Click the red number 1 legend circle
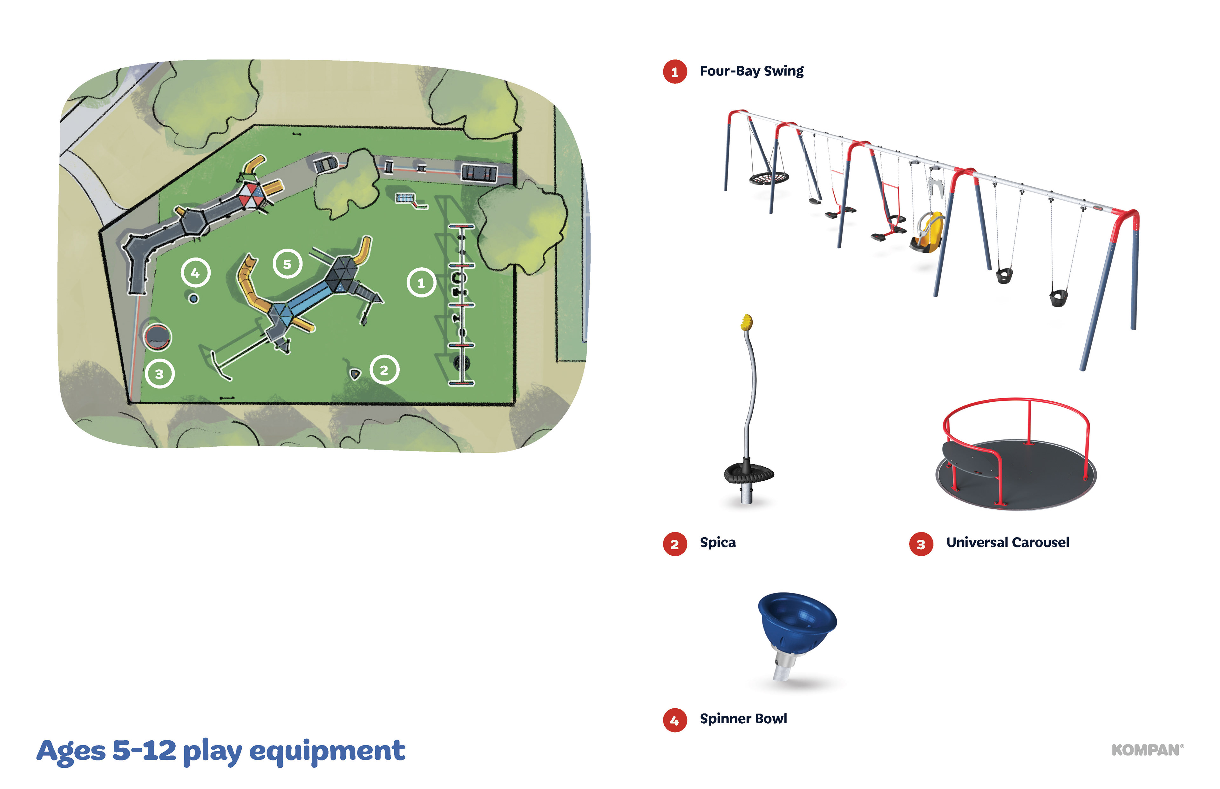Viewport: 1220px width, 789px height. [x=674, y=72]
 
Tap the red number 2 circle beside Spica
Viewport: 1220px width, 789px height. [x=674, y=544]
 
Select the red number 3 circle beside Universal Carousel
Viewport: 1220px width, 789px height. [x=921, y=544]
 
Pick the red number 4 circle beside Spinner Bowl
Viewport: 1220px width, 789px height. [x=674, y=720]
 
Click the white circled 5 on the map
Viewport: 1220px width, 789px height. [x=287, y=264]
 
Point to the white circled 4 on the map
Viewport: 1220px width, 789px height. [x=195, y=272]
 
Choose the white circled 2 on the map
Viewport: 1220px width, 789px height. [x=384, y=369]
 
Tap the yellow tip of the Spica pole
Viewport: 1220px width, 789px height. [x=747, y=322]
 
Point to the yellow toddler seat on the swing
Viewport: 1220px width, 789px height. [x=929, y=231]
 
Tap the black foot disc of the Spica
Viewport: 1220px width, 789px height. [x=749, y=473]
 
